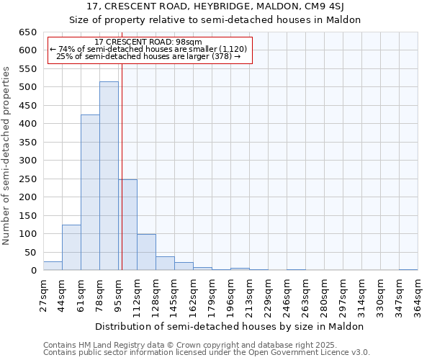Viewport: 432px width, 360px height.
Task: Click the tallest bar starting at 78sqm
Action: coord(109,176)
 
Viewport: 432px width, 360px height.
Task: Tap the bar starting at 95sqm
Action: coord(127,225)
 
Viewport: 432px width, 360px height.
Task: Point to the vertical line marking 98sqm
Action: coord(122,166)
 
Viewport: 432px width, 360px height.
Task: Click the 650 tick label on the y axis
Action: coord(27,32)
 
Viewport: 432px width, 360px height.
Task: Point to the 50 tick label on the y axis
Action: coord(30,253)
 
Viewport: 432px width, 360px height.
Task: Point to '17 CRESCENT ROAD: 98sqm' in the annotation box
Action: coord(148,42)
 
